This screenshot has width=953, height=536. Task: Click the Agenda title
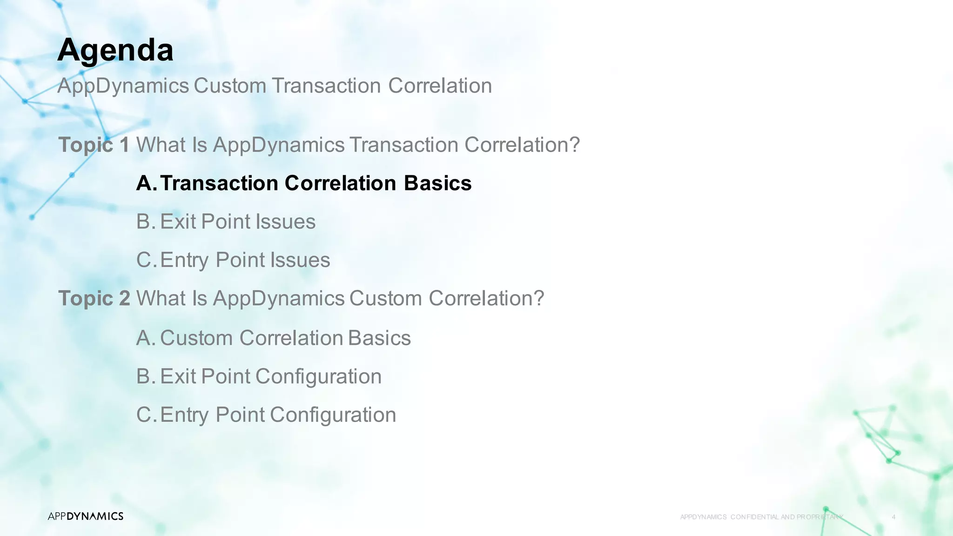click(x=115, y=50)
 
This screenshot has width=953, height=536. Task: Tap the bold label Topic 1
click(x=94, y=145)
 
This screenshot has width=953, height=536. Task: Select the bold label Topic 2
click(x=94, y=298)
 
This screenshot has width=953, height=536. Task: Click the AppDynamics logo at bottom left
click(x=86, y=516)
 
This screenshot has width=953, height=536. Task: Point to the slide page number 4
click(x=893, y=517)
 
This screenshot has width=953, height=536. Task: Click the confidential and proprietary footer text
click(x=761, y=517)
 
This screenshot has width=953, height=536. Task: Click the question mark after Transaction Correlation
click(x=575, y=145)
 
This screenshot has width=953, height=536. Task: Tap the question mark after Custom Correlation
click(x=539, y=298)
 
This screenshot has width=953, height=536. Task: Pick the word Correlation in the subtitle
click(x=440, y=86)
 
